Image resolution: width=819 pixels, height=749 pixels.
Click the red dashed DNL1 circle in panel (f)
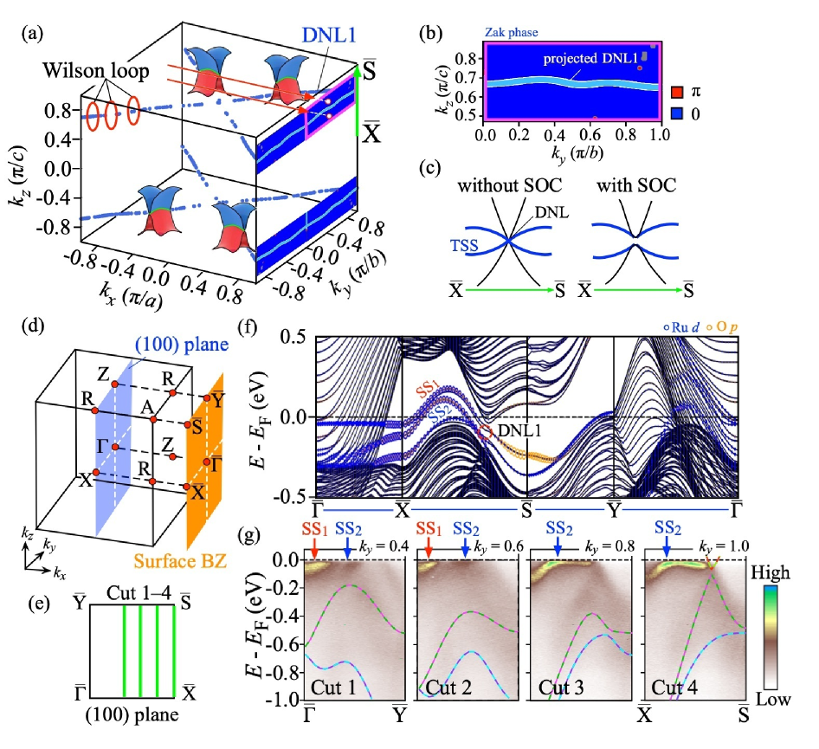[x=484, y=430]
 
